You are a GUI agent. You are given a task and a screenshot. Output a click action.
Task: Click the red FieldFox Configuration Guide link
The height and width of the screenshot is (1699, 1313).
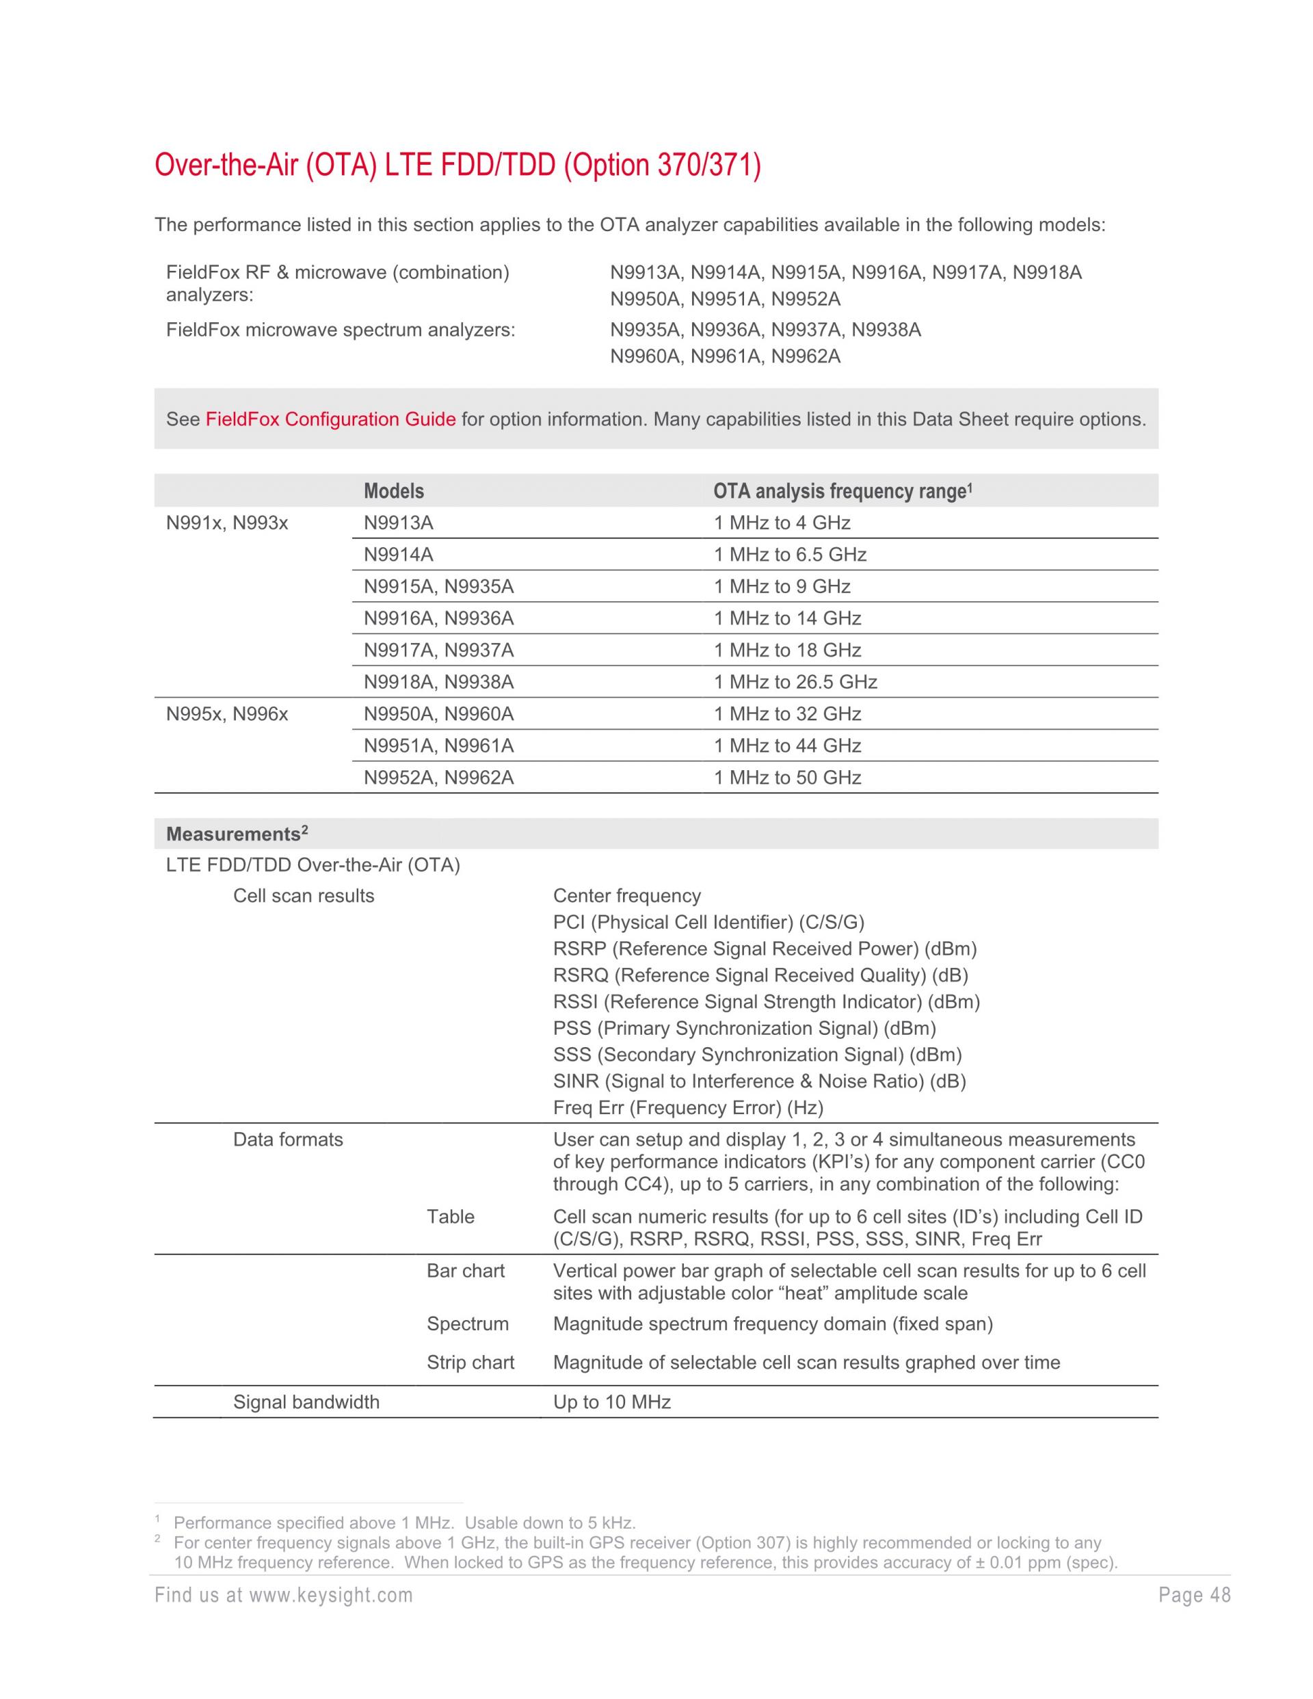(330, 419)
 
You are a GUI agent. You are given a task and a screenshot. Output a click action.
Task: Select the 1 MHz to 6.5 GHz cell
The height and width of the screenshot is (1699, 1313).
(790, 555)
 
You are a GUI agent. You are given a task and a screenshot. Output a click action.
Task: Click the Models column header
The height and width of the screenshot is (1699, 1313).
(394, 491)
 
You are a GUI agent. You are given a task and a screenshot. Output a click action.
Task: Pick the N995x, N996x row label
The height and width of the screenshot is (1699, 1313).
(227, 714)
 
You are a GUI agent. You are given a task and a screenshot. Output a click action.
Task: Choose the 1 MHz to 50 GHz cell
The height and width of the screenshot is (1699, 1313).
(787, 778)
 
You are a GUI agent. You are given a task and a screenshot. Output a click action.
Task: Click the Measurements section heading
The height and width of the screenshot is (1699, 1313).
(237, 834)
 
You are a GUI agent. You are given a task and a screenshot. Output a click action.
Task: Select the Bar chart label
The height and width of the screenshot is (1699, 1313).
(465, 1270)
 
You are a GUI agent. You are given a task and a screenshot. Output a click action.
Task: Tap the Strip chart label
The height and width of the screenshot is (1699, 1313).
(470, 1362)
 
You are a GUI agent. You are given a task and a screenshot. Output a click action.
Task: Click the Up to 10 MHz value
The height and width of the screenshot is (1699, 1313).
(611, 1402)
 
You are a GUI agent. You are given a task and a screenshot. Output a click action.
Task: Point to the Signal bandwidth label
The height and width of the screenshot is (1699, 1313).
(306, 1402)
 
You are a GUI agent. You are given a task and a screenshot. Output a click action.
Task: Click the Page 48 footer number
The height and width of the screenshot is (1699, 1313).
(1195, 1596)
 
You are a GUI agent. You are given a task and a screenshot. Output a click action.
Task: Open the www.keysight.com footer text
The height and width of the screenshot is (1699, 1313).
(284, 1596)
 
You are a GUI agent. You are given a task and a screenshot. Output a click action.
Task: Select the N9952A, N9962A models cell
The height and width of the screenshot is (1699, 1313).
(439, 778)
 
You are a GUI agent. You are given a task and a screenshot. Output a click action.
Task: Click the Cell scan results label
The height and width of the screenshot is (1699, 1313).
(304, 895)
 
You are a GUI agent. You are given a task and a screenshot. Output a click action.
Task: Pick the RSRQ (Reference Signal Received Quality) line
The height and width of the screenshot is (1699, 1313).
(760, 975)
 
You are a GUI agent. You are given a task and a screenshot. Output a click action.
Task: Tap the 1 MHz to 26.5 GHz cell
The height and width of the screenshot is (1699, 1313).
(795, 682)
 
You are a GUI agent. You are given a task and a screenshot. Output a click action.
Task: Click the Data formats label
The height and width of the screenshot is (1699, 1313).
(288, 1140)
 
